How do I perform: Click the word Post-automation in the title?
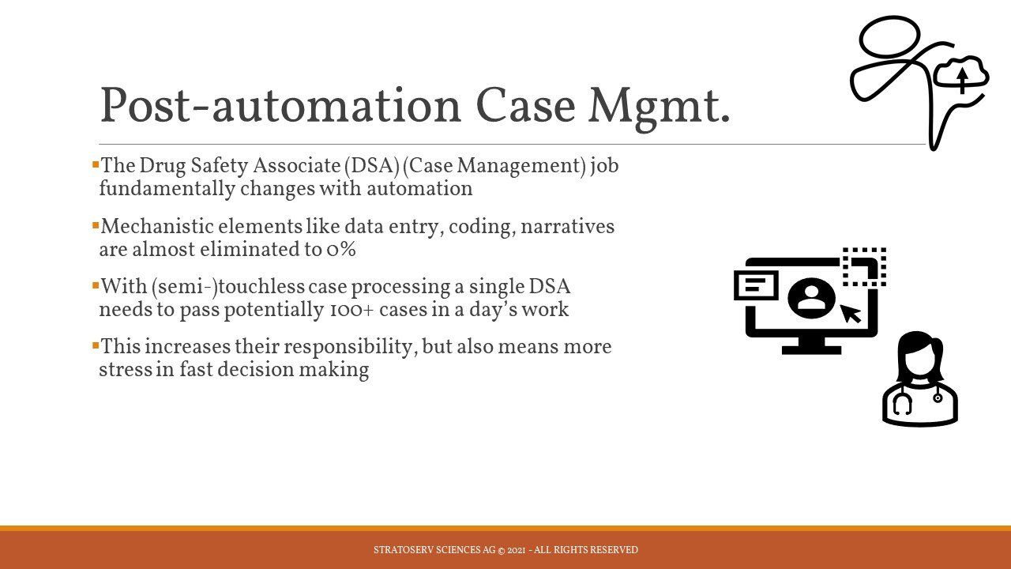point(280,105)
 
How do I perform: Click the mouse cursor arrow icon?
point(851,314)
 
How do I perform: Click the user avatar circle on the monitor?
point(811,299)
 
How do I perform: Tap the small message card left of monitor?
point(757,285)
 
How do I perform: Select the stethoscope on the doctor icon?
point(902,403)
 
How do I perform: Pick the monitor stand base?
point(811,349)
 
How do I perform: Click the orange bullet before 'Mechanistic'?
point(96,224)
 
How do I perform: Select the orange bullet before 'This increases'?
point(96,346)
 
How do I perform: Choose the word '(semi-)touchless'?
point(228,287)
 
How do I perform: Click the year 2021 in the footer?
point(517,550)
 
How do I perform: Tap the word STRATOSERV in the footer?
point(404,550)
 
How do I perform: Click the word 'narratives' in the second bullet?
point(567,226)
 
